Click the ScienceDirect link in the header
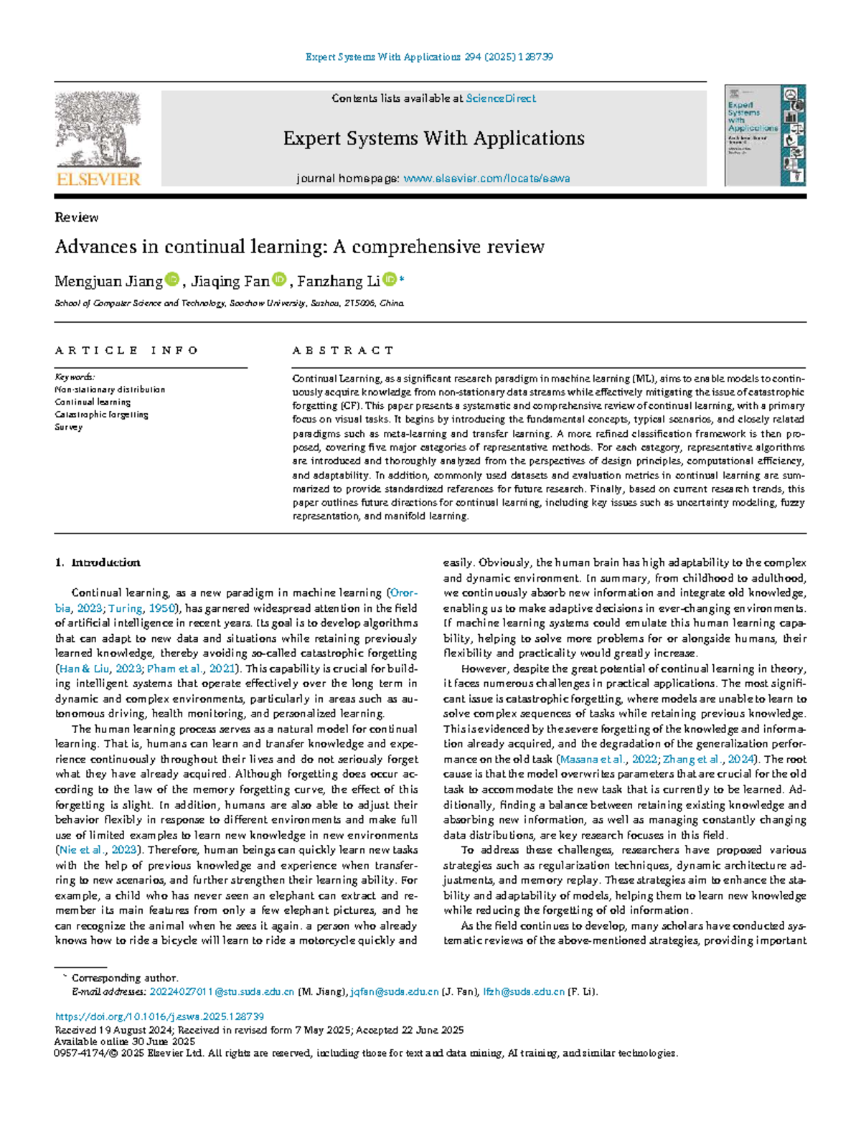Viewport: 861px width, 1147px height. coord(500,98)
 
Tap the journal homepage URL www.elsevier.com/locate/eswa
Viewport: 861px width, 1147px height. coord(486,179)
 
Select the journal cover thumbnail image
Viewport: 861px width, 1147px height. coord(765,136)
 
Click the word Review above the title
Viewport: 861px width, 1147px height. coord(76,217)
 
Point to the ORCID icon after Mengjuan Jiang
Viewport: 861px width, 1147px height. coord(171,280)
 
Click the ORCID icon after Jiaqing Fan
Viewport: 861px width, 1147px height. coord(279,280)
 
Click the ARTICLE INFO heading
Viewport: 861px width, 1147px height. coord(126,350)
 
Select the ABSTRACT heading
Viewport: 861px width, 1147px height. coord(343,350)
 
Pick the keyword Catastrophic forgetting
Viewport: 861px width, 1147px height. coord(101,415)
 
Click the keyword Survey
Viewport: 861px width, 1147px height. coord(69,427)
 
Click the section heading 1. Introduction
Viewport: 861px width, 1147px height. coord(98,562)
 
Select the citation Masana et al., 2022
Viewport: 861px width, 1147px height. coord(608,759)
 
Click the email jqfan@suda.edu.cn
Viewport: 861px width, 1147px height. coord(395,992)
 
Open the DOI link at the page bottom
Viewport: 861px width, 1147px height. coord(159,1016)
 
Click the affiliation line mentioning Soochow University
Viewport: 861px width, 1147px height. coord(230,303)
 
